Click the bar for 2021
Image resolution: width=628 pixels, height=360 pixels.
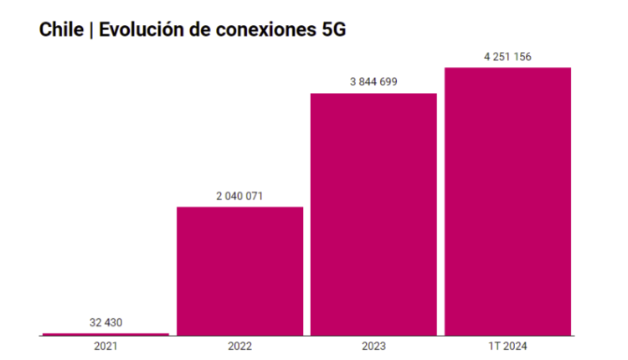click(x=106, y=334)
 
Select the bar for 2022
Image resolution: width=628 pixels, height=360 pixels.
click(x=239, y=271)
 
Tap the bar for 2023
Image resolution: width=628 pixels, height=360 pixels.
click(x=373, y=214)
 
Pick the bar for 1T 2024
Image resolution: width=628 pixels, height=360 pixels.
click(x=507, y=201)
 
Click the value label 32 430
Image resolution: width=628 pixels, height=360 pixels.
click(x=106, y=322)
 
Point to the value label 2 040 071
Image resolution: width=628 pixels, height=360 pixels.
click(x=239, y=195)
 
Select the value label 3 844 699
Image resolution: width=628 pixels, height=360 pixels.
click(x=373, y=81)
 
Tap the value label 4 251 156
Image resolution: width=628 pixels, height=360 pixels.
click(x=507, y=56)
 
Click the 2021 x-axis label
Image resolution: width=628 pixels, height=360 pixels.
click(x=106, y=346)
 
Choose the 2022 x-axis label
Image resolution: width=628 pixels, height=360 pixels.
click(x=239, y=346)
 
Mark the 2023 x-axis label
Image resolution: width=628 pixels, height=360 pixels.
click(x=373, y=346)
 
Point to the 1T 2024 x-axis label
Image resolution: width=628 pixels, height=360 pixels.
click(x=507, y=346)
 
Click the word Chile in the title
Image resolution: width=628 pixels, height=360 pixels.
click(x=61, y=29)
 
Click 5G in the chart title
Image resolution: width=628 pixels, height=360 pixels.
click(x=332, y=29)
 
